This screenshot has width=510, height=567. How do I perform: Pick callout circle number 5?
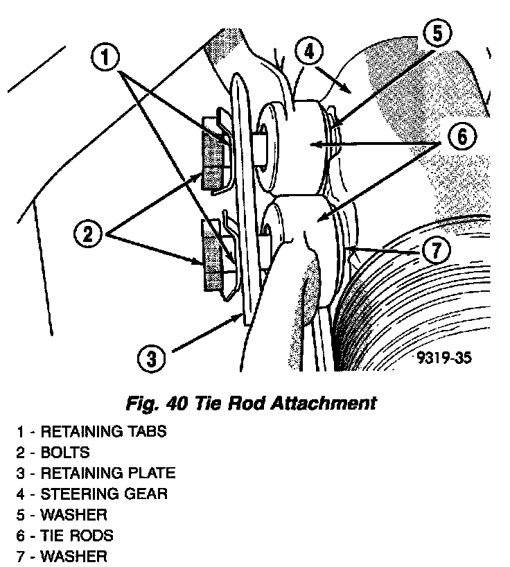click(x=435, y=34)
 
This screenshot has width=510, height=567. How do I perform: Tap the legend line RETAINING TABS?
click(x=92, y=431)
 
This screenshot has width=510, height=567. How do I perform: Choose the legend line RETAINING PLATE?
click(x=96, y=473)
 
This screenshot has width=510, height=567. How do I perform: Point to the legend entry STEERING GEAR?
click(x=93, y=494)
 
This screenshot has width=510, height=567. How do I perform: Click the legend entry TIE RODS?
click(x=65, y=536)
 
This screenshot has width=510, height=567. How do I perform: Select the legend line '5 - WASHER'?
click(x=62, y=515)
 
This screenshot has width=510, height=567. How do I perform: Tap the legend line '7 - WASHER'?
click(x=62, y=557)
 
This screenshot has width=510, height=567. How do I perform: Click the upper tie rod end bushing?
click(x=291, y=142)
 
